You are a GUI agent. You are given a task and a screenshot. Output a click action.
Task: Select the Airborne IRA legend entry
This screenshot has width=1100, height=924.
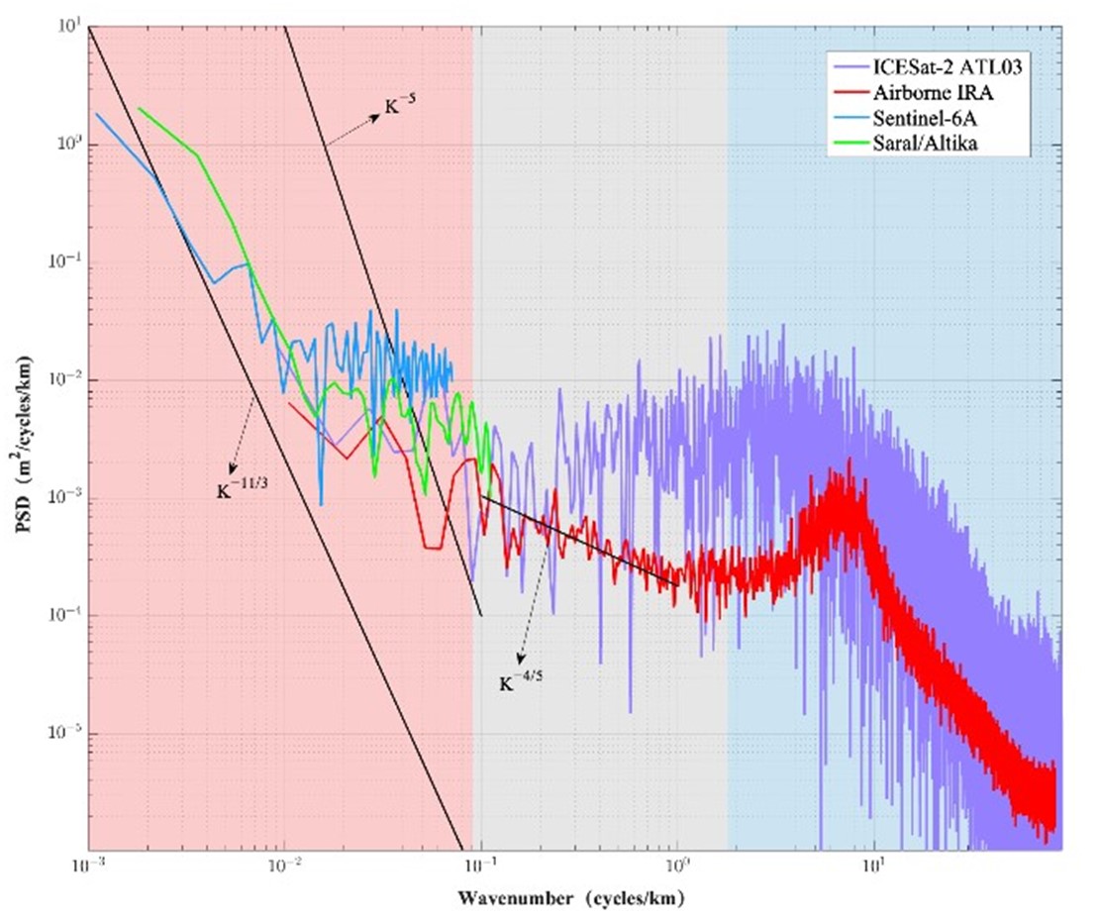click(925, 94)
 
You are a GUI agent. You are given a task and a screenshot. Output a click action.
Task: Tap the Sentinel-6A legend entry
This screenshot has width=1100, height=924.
click(920, 120)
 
